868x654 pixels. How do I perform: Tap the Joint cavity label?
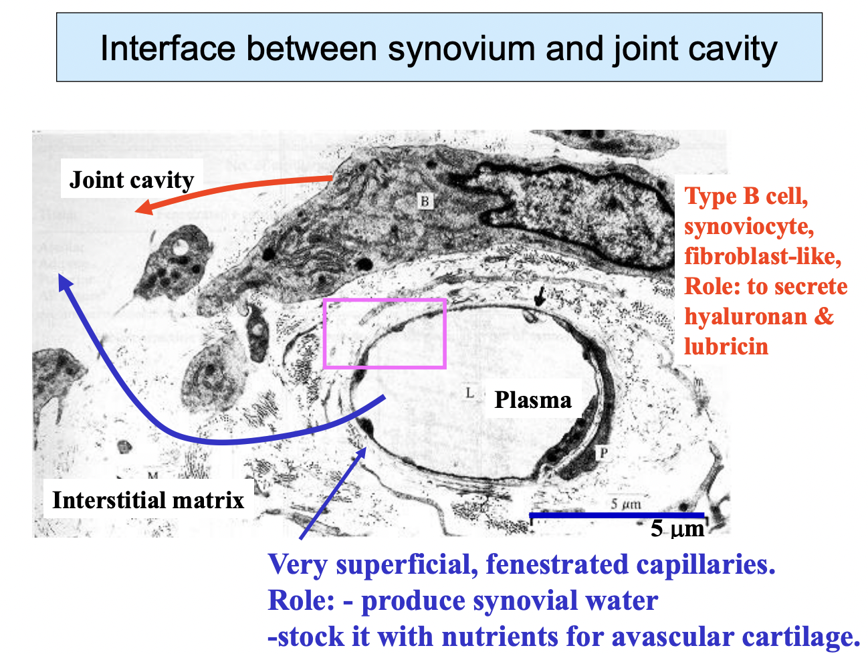132,180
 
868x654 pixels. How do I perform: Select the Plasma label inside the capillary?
533,400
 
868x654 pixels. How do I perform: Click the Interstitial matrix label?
148,500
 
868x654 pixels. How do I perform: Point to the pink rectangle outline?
385,300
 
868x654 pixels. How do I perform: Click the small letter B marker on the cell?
425,201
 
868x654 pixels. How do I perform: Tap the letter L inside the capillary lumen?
469,393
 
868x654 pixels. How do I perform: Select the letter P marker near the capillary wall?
603,453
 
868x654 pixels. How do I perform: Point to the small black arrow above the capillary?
539,294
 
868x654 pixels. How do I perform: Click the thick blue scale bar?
617,515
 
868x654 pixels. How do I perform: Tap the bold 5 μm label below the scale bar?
677,529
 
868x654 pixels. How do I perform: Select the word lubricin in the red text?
726,346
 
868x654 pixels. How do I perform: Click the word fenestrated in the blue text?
557,565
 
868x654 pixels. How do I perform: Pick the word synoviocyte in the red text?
749,226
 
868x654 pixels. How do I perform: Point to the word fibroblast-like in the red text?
762,256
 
